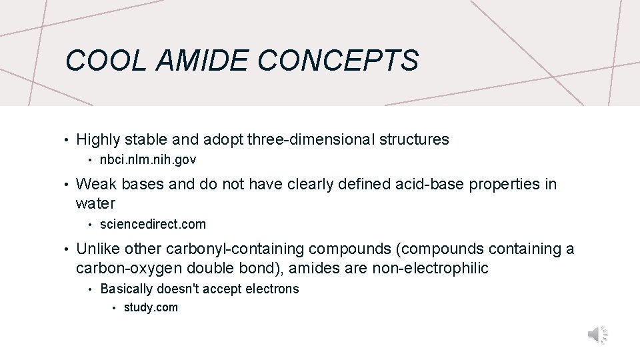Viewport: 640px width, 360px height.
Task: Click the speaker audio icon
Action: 597,335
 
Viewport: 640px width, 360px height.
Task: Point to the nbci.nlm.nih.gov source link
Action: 148,160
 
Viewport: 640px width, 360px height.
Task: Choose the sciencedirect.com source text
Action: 153,224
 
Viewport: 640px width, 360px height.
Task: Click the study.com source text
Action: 151,307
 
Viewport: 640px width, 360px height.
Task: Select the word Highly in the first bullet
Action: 99,140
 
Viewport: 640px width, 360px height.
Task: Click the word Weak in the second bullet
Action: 97,185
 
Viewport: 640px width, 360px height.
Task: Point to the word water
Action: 95,203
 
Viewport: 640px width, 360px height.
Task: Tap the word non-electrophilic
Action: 428,268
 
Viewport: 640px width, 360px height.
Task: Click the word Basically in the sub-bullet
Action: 126,289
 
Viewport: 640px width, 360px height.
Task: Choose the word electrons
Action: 275,289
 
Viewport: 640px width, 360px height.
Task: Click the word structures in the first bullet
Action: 414,140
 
